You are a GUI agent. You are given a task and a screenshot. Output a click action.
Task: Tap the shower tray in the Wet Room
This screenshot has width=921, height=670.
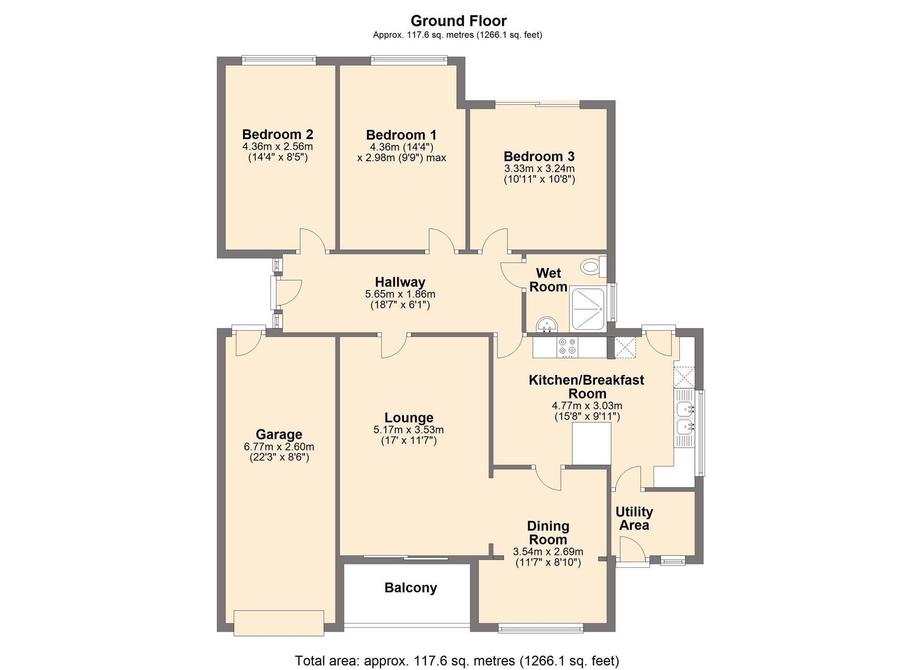(587, 309)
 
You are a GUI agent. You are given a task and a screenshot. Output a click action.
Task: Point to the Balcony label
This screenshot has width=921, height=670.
(410, 588)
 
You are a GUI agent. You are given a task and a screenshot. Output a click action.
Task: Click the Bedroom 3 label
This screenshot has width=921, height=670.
(539, 156)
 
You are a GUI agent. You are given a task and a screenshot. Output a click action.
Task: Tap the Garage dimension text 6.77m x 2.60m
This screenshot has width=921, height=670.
(279, 447)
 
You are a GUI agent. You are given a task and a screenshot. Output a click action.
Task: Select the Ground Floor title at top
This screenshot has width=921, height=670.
(458, 21)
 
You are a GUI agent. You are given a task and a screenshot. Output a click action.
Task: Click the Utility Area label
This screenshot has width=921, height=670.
(634, 519)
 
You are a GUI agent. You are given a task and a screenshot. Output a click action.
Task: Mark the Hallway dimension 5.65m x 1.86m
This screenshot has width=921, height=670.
(400, 294)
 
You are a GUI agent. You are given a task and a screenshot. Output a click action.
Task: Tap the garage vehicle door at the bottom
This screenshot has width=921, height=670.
(279, 623)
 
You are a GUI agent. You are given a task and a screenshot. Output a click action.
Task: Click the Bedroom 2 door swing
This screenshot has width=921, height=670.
(313, 240)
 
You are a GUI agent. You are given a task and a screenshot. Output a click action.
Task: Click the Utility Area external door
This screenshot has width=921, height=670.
(632, 551)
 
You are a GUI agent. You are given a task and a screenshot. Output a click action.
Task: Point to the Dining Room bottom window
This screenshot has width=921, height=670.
(540, 628)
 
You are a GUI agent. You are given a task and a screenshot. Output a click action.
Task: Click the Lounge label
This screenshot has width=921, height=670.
(409, 418)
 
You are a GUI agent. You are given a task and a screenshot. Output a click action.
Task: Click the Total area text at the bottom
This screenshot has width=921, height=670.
(457, 661)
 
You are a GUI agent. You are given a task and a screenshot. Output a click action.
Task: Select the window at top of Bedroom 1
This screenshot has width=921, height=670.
(408, 59)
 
